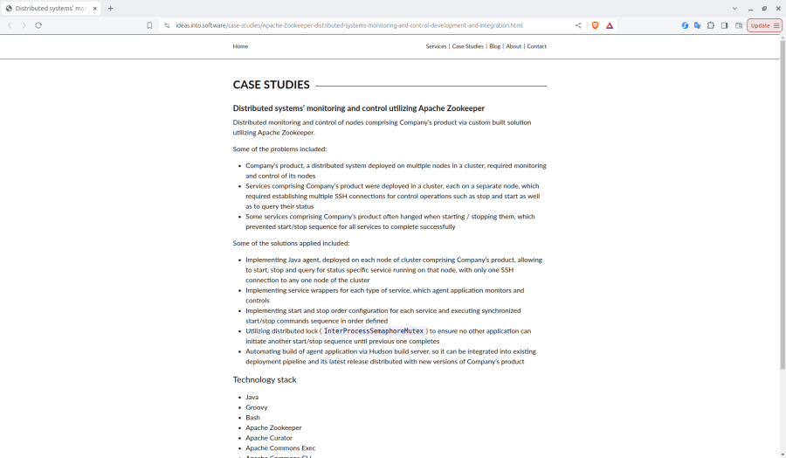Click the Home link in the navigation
pos(240,46)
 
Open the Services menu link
pos(436,46)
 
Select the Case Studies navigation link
pos(467,46)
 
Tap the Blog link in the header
pos(494,46)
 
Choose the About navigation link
pos(514,46)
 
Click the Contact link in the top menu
pos(536,46)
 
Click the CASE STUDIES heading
pos(271,85)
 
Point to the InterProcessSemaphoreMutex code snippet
pos(374,331)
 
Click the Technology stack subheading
pos(265,379)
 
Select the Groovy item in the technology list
pos(257,407)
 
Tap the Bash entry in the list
pos(252,418)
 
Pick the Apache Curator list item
pos(269,438)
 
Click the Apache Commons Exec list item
pos(280,448)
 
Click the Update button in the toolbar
pos(764,25)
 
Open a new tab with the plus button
pos(110,9)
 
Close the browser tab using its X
pos(94,9)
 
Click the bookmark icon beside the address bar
pos(149,25)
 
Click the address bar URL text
pos(349,25)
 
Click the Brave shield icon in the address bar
pos(596,25)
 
